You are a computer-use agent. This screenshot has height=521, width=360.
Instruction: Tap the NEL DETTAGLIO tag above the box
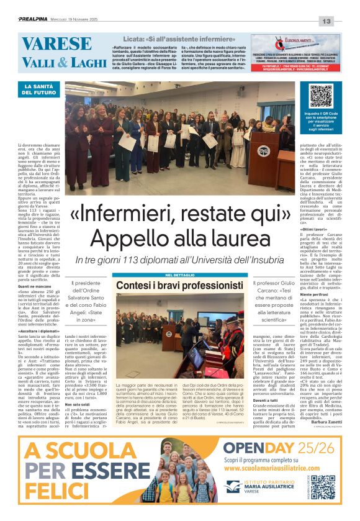click(x=181, y=275)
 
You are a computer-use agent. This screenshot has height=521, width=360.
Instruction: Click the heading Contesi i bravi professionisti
click(x=181, y=285)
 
